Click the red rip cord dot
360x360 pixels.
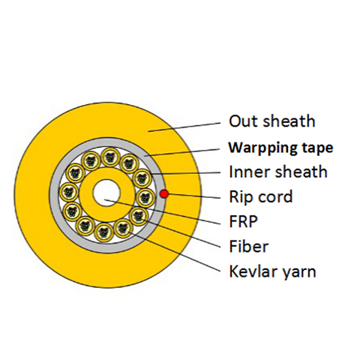pyautogui.click(x=164, y=193)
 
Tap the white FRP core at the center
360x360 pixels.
pyautogui.click(x=107, y=193)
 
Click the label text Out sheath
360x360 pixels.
pyautogui.click(x=272, y=121)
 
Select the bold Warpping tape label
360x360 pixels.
pyautogui.click(x=281, y=148)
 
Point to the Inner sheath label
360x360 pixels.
pyautogui.click(x=278, y=172)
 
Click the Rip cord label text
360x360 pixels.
pyautogui.click(x=261, y=196)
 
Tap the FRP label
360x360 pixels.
pyautogui.click(x=243, y=221)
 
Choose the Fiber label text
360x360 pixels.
pyautogui.click(x=249, y=246)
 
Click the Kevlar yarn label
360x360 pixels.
pyautogui.click(x=272, y=271)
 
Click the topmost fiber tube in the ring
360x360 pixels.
pyautogui.click(x=110, y=157)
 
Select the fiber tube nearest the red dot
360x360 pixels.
pyautogui.click(x=146, y=197)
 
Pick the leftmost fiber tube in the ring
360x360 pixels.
pyautogui.click(x=69, y=193)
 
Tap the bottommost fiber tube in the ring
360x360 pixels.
pyautogui.click(x=104, y=232)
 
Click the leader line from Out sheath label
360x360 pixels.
pyautogui.click(x=184, y=127)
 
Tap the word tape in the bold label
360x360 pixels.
pyautogui.click(x=317, y=148)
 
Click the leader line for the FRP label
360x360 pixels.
pyautogui.click(x=163, y=211)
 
